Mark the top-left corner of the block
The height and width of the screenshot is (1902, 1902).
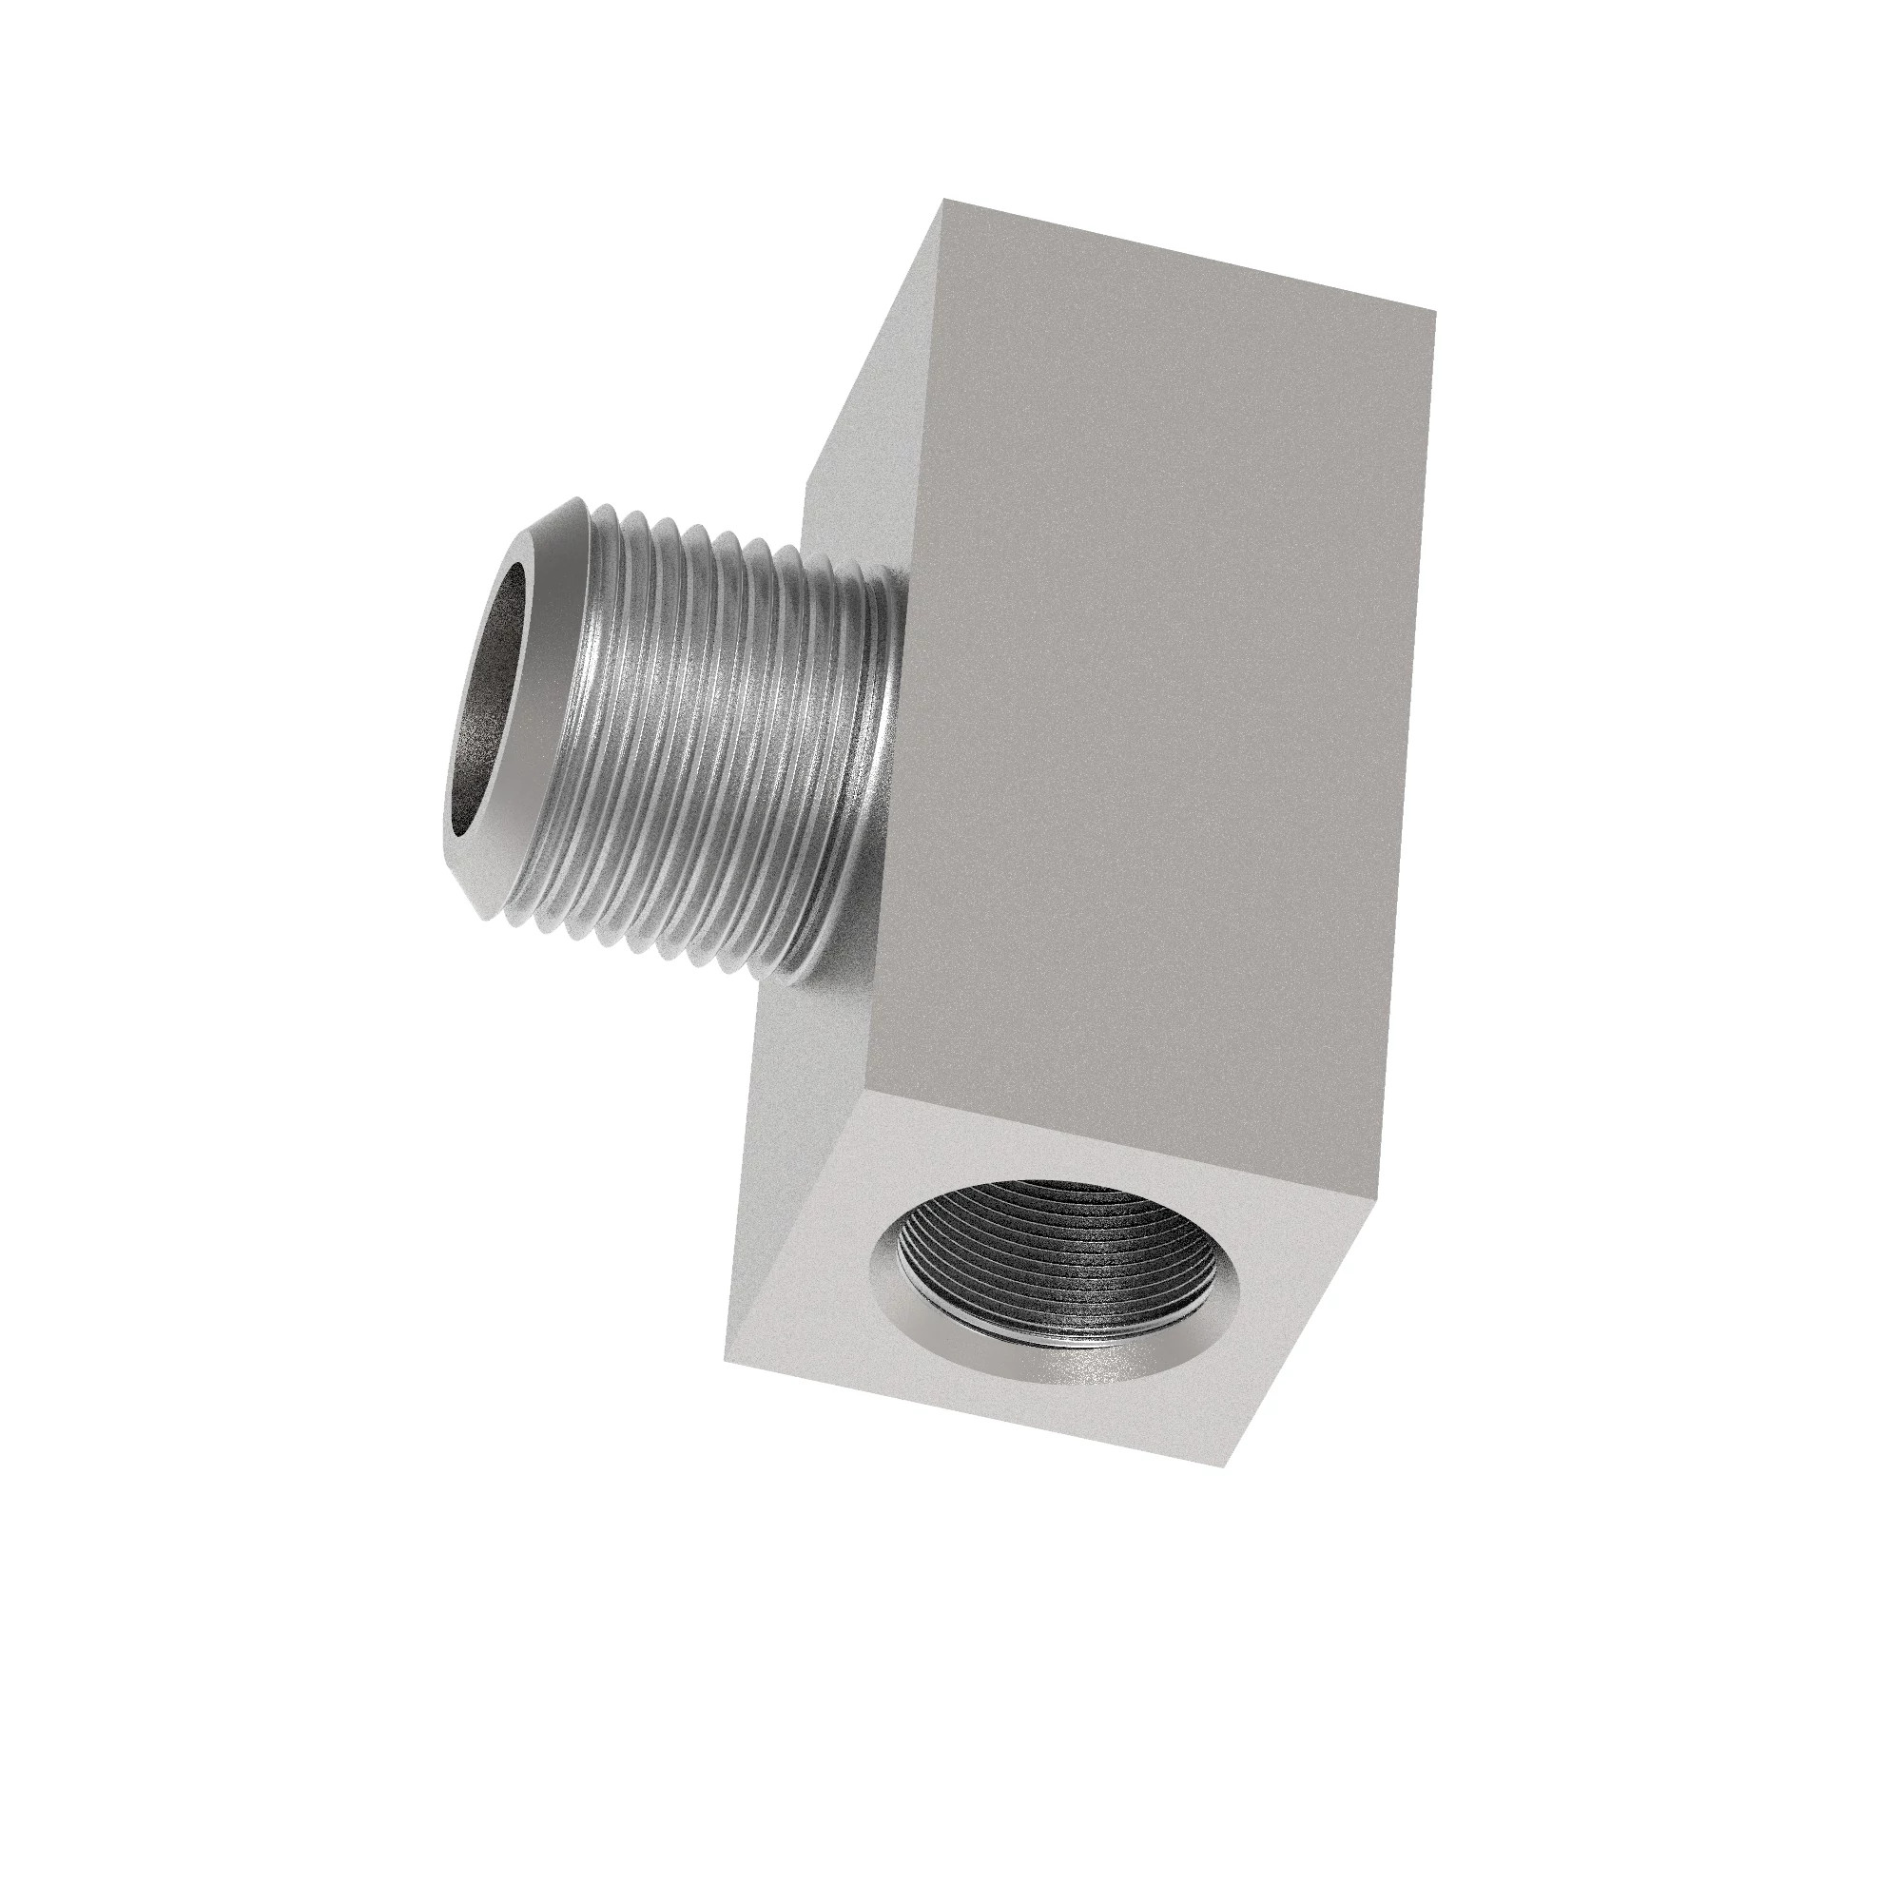[943, 200]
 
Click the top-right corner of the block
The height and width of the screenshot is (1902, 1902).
[1435, 311]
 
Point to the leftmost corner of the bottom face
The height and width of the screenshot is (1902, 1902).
[725, 1361]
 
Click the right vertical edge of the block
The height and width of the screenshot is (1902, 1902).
[1409, 767]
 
